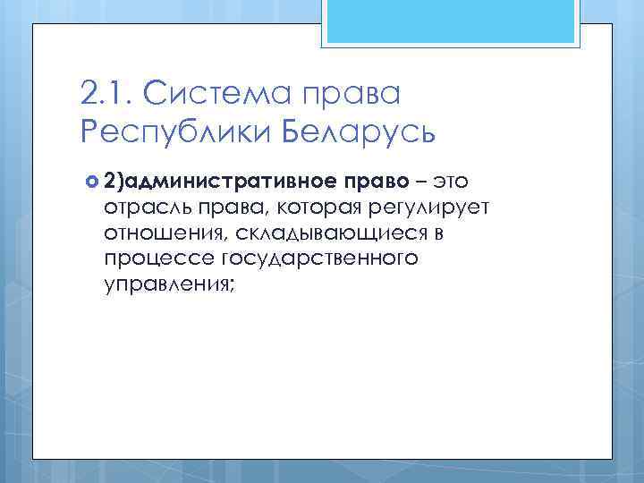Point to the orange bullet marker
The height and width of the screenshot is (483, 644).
[x=91, y=182]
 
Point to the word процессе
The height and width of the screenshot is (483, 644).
[x=149, y=259]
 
